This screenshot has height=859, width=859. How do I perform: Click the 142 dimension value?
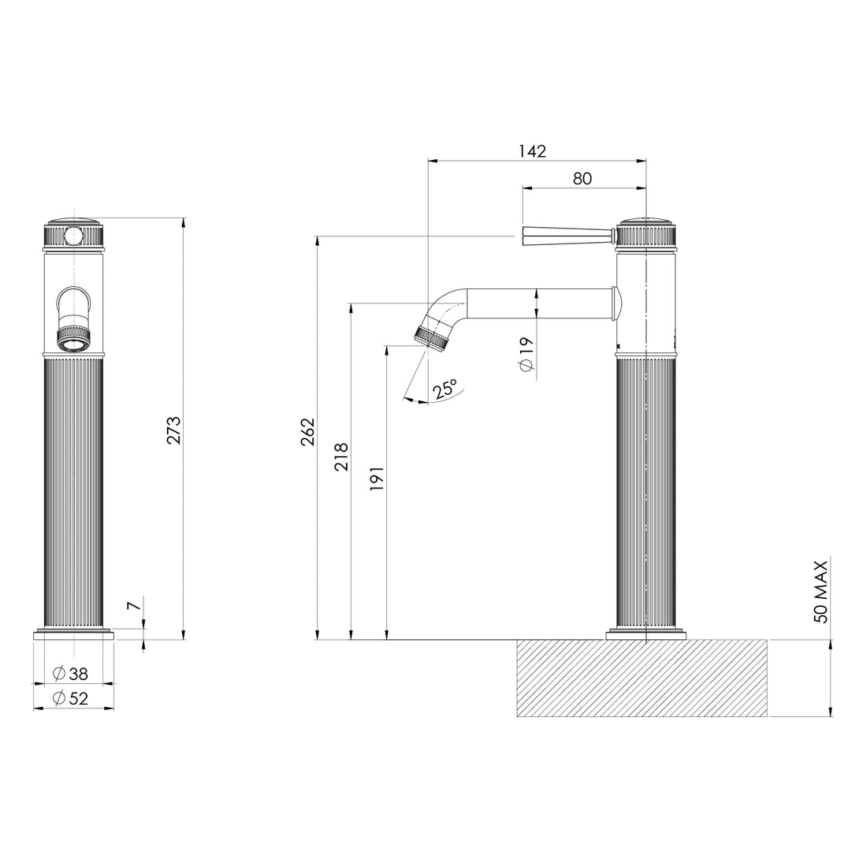533,151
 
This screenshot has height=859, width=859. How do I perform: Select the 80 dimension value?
582,178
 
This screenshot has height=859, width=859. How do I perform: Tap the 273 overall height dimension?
174,430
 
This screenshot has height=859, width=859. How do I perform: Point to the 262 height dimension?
307,432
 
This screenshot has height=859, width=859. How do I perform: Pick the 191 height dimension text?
377,479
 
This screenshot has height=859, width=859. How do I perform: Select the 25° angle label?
444,389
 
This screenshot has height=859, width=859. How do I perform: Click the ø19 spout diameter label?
526,355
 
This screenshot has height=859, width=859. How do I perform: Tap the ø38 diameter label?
70,674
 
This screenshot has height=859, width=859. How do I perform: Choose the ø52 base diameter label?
70,698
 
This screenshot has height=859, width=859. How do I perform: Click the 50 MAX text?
821,591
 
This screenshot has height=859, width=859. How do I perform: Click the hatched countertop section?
641,678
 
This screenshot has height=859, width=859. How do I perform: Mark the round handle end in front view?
73,235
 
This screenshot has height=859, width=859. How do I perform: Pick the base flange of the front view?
73,634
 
